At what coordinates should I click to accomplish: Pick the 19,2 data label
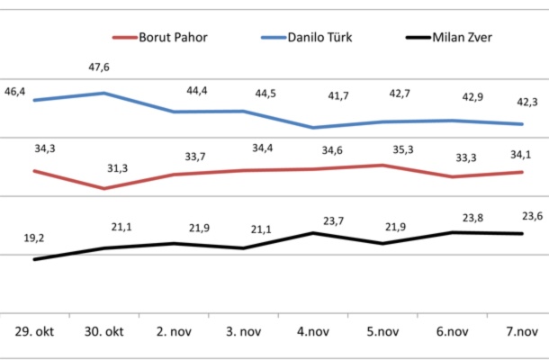[x=34, y=238]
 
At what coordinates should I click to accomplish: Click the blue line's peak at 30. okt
[x=104, y=93]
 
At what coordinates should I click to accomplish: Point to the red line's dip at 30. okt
[x=104, y=188]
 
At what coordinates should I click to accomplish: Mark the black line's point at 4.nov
[x=313, y=232]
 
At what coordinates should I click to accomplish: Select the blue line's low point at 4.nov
[x=313, y=128]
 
